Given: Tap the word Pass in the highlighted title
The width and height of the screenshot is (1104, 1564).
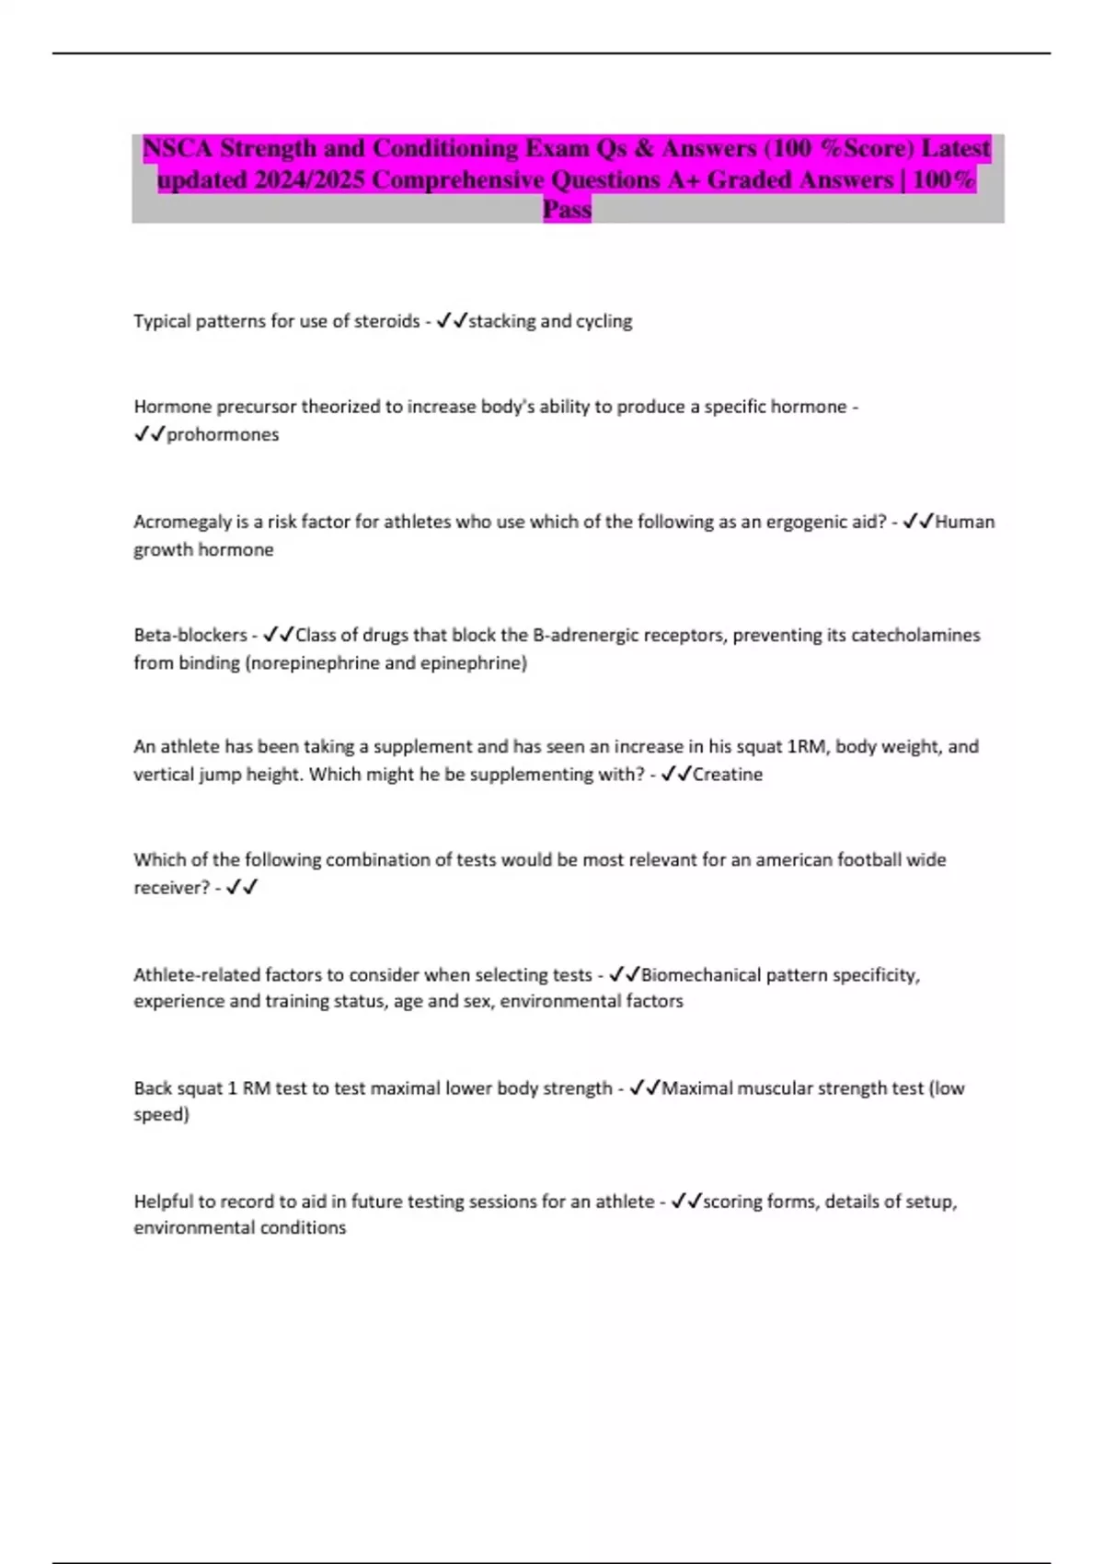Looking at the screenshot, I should click(567, 210).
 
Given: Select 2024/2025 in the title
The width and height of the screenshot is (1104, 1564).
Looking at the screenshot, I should click(310, 179).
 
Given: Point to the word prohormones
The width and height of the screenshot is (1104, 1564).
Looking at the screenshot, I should click(223, 434).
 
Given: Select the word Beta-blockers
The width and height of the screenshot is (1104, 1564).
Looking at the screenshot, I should click(190, 635).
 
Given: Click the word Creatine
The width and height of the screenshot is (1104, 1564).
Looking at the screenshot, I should click(728, 775).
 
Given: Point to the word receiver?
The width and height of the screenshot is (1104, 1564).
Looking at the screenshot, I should click(172, 888).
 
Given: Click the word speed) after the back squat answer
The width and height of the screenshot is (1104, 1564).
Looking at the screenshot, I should click(162, 1114).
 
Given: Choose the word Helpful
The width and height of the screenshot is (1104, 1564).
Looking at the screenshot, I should click(164, 1202).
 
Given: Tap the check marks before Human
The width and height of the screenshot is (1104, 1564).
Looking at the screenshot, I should click(918, 522).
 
